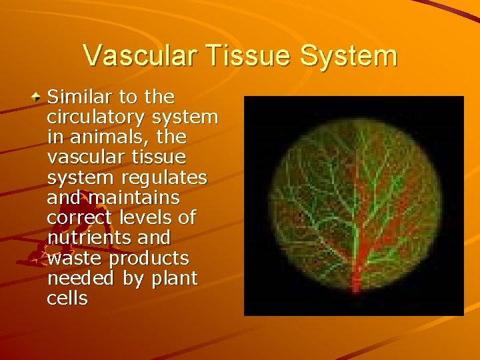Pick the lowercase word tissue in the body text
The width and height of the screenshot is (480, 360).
[x=159, y=157]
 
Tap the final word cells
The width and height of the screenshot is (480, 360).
[x=67, y=298]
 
